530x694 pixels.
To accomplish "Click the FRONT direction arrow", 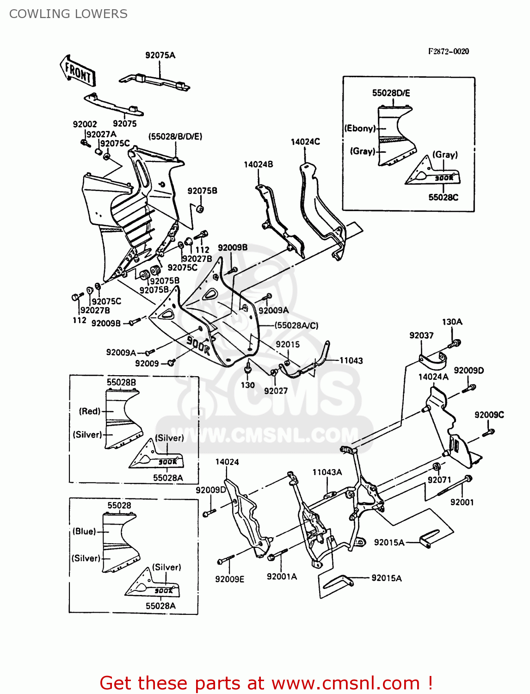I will tap(78, 72).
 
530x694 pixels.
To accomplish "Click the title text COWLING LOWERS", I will tap(68, 14).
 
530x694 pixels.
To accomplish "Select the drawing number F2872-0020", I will tap(448, 51).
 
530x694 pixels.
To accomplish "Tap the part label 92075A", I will tap(160, 55).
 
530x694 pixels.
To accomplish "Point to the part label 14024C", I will tap(305, 142).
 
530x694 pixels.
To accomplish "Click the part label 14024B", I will tap(258, 164).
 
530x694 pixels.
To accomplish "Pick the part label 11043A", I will tap(327, 472).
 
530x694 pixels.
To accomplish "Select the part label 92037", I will tap(421, 335).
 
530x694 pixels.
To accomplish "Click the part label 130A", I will tap(452, 322).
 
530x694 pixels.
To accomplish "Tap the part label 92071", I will tap(439, 480).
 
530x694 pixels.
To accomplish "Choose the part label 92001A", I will tap(282, 576).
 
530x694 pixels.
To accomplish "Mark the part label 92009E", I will tap(229, 579).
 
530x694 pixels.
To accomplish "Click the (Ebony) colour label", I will tap(360, 128).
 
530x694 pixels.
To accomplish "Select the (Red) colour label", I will tap(90, 411).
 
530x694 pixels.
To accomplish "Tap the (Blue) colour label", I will tap(84, 531).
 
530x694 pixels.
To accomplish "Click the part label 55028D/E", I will tap(391, 93).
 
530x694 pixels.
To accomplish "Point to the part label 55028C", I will tap(443, 197).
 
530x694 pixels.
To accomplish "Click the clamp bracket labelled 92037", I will tap(433, 359).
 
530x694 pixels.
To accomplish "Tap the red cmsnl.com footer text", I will tap(266, 683).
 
